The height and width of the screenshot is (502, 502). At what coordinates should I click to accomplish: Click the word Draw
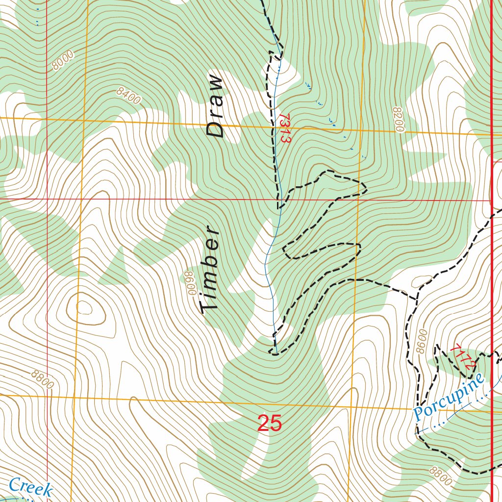tap(215, 105)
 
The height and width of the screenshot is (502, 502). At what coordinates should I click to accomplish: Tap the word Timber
tap(210, 269)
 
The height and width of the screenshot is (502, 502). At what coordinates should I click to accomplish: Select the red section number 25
tap(270, 424)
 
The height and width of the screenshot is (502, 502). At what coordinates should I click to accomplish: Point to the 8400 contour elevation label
tap(128, 96)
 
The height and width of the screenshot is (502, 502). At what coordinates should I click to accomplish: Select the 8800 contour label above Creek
tap(42, 380)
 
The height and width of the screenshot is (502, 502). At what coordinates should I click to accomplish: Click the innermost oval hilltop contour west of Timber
tap(84, 308)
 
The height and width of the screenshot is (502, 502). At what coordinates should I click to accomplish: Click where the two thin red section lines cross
tap(47, 200)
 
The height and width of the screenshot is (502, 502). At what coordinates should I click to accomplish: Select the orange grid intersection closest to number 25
tap(352, 406)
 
